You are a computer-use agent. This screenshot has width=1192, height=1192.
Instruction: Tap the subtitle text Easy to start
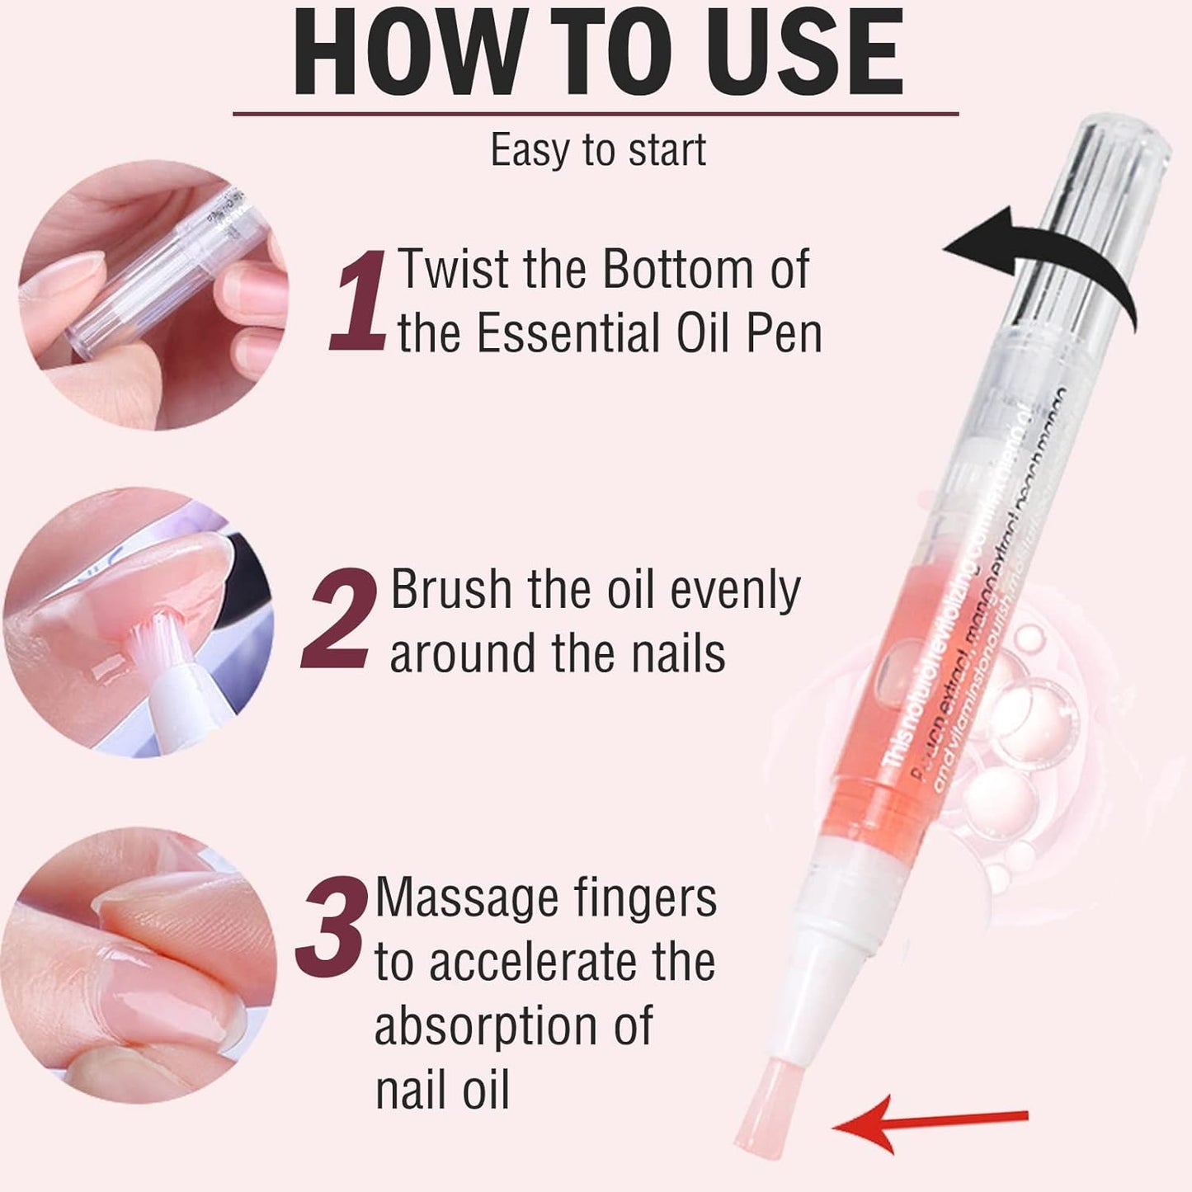598,150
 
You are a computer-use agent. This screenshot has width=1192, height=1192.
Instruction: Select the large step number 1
359,301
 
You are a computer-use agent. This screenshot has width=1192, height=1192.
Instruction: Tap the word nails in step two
678,654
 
